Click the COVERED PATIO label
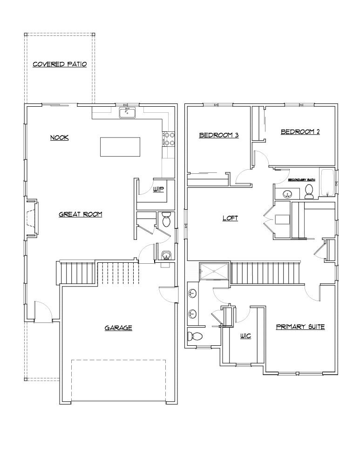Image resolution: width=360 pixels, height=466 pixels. (60, 65)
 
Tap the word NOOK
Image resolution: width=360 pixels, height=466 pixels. (60, 137)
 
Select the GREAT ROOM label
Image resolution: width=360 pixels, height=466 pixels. (80, 214)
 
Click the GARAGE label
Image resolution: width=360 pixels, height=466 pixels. (118, 328)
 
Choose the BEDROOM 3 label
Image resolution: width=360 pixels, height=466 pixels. (219, 135)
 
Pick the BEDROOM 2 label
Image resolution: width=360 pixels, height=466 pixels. (300, 132)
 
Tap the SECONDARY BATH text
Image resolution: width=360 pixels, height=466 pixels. (301, 179)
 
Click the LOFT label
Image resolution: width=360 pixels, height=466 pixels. (230, 218)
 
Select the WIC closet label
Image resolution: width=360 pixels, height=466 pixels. (245, 336)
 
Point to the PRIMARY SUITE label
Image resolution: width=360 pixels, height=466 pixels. (300, 327)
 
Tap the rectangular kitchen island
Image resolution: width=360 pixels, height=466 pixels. (120, 146)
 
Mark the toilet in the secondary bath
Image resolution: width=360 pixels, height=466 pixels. (309, 191)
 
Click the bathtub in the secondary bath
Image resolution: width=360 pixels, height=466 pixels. (327, 183)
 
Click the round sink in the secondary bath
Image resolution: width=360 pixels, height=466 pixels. (285, 193)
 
